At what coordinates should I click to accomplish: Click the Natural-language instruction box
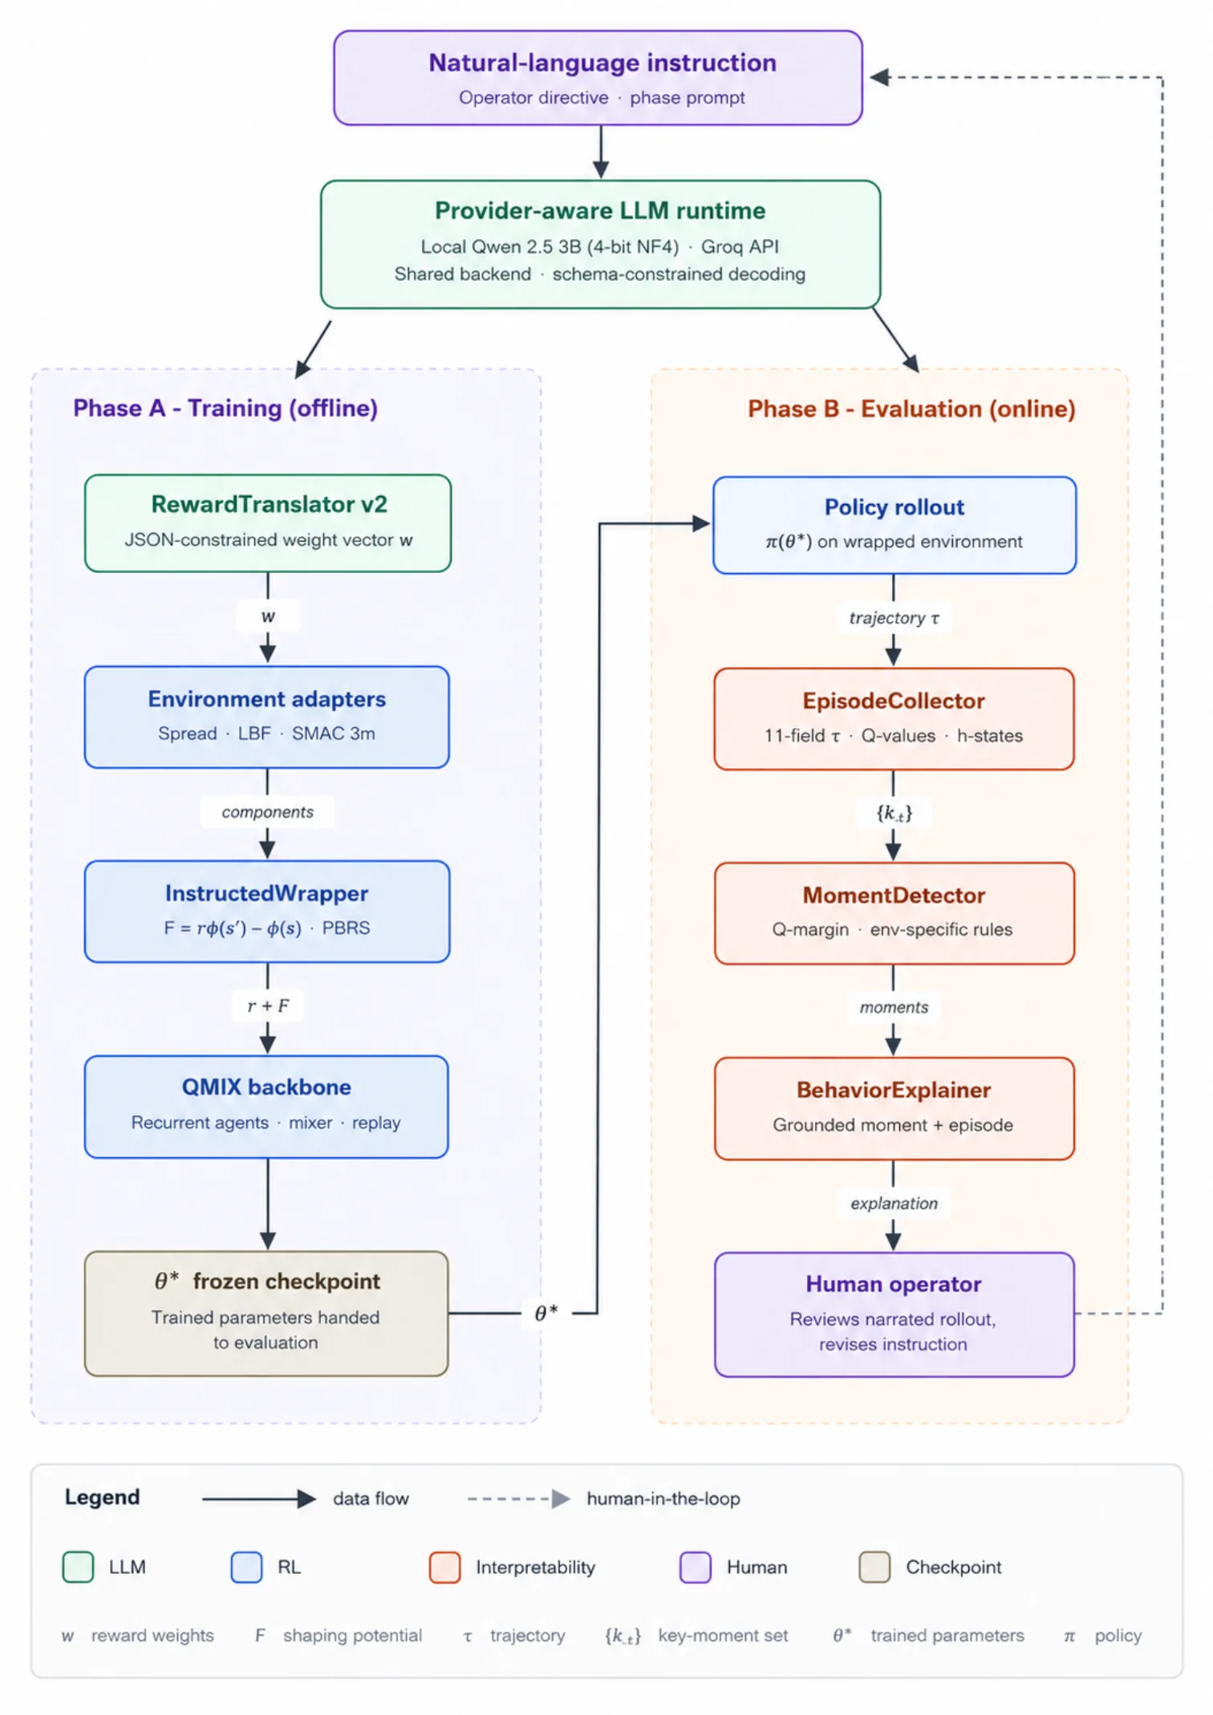tap(598, 78)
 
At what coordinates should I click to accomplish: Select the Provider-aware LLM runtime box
tap(600, 244)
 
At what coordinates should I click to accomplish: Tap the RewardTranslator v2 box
tap(268, 523)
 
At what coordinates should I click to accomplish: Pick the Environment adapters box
tap(267, 717)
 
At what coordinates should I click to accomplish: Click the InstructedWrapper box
tap(267, 912)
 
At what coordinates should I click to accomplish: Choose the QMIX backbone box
tap(266, 1107)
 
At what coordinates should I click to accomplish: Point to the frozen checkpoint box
tap(266, 1314)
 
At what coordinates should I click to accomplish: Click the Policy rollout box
tap(895, 525)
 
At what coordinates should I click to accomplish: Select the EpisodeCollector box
tap(895, 719)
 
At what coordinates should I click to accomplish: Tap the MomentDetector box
tap(895, 913)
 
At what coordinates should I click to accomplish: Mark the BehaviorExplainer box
tap(895, 1108)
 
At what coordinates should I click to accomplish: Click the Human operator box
tap(895, 1315)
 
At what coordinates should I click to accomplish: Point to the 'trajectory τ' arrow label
tap(894, 618)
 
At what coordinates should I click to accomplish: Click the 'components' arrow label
tap(268, 812)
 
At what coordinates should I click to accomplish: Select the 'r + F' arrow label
tap(268, 1006)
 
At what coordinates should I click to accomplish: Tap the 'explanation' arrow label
tap(894, 1203)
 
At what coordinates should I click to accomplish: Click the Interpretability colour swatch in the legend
tap(444, 1567)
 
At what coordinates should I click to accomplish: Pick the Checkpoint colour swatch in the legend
tap(874, 1567)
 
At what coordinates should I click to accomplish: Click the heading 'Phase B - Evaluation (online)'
tap(911, 409)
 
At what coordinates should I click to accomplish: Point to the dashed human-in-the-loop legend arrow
tap(519, 1498)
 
